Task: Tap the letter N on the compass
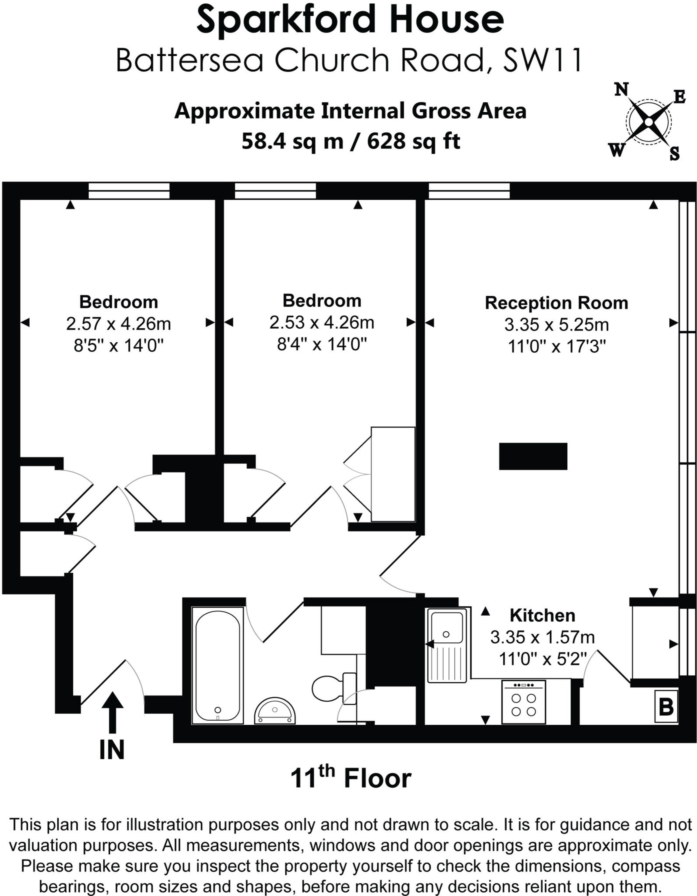pyautogui.click(x=621, y=90)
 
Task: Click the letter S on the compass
pyautogui.click(x=674, y=154)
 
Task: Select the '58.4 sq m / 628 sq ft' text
pyautogui.click(x=350, y=141)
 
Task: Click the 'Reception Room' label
pyautogui.click(x=556, y=303)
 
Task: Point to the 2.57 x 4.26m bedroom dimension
pyautogui.click(x=119, y=324)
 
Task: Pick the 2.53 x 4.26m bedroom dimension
pyautogui.click(x=322, y=322)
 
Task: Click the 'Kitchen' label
pyautogui.click(x=542, y=615)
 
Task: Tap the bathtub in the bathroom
pyautogui.click(x=217, y=665)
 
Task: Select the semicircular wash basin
pyautogui.click(x=275, y=711)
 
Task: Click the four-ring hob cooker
pyautogui.click(x=523, y=702)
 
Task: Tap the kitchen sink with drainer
pyautogui.click(x=446, y=644)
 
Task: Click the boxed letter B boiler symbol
pyautogui.click(x=666, y=706)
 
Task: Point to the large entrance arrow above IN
pyautogui.click(x=112, y=711)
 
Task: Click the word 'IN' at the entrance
pyautogui.click(x=112, y=750)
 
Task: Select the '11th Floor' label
pyautogui.click(x=350, y=778)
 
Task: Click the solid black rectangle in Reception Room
pyautogui.click(x=533, y=456)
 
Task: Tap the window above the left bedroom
pyautogui.click(x=129, y=191)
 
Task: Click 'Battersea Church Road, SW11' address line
pyautogui.click(x=349, y=60)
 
